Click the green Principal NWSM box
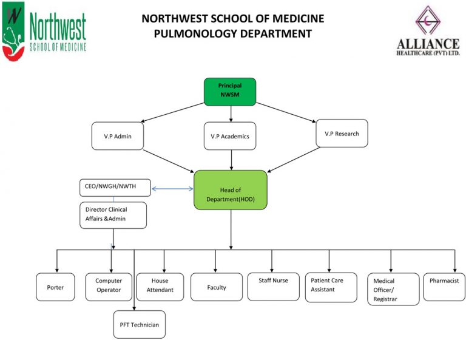[x=229, y=91]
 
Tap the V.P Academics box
[x=229, y=136]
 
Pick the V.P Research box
[x=342, y=133]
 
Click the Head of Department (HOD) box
[x=230, y=190]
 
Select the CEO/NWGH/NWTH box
[x=115, y=188]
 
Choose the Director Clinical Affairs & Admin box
[x=112, y=215]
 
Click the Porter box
[x=55, y=287]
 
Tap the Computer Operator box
[x=109, y=286]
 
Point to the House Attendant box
[x=160, y=286]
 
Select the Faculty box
[x=216, y=287]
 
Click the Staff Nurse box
[x=273, y=286]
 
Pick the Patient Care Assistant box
[x=330, y=286]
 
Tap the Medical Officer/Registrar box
[x=393, y=289]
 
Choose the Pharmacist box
[x=444, y=286]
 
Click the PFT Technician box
[x=139, y=324]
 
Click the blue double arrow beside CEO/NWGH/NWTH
[x=172, y=189]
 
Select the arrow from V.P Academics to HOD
[x=231, y=159]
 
